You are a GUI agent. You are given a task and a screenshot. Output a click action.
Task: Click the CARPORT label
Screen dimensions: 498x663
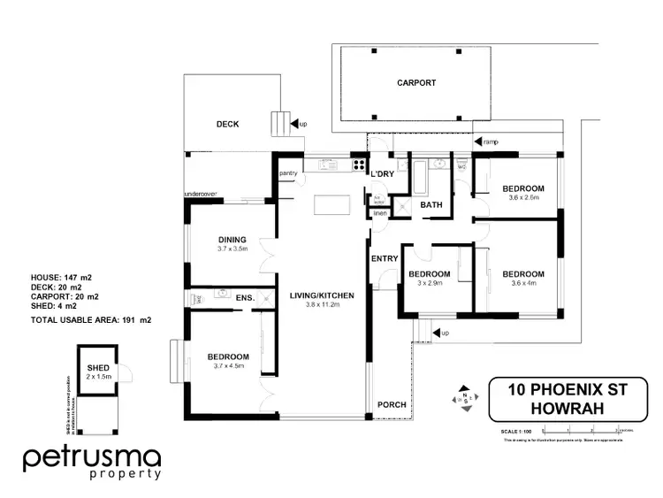click(x=415, y=82)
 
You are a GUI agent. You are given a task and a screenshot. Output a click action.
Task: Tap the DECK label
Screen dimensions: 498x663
click(x=228, y=125)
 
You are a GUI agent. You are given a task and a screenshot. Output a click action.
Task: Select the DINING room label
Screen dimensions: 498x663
click(x=232, y=240)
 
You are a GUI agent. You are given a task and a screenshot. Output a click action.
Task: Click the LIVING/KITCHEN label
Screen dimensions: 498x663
click(x=316, y=295)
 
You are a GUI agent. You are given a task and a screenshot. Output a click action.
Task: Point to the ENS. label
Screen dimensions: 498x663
click(x=244, y=299)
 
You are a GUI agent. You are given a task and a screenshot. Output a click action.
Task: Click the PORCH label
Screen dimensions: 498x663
click(x=392, y=405)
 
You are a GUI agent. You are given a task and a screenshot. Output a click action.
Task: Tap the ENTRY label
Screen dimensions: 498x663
click(x=385, y=258)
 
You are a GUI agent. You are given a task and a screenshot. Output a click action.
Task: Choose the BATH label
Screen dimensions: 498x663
click(x=431, y=205)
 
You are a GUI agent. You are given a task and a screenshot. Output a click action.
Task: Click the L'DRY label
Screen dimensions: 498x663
click(x=382, y=173)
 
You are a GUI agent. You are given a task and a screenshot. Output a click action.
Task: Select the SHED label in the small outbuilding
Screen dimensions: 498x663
click(x=97, y=367)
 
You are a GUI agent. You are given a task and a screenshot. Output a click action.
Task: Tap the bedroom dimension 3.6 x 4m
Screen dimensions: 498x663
click(x=523, y=283)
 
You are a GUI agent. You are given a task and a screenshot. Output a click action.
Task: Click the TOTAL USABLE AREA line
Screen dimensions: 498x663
click(x=91, y=319)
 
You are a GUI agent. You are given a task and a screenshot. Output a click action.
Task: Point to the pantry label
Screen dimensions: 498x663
click(x=286, y=173)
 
